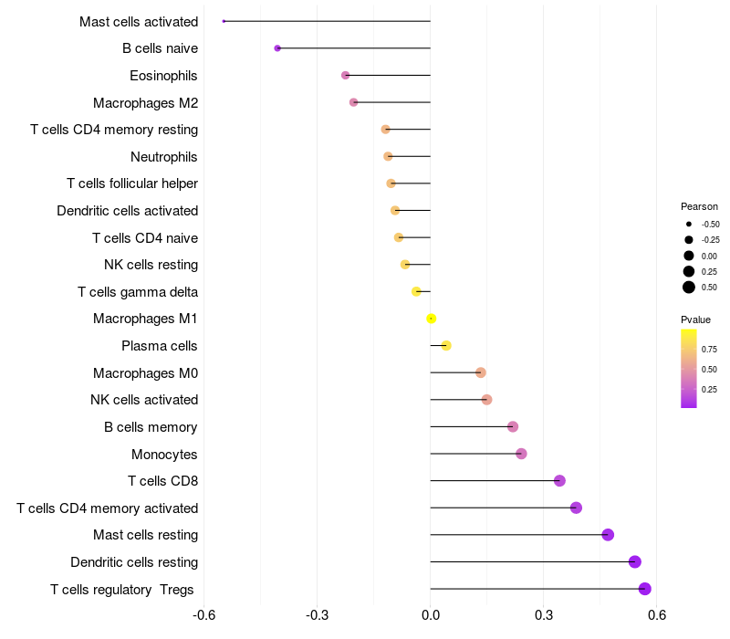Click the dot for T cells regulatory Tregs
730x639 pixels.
(645, 589)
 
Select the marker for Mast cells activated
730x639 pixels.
(224, 21)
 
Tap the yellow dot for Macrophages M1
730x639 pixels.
(432, 319)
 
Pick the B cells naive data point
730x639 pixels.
(277, 48)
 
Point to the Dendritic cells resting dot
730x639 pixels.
(635, 562)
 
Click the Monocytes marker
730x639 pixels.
(521, 454)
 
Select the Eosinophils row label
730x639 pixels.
(163, 76)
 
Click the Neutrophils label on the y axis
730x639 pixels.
(163, 157)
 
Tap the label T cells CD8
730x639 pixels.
(162, 481)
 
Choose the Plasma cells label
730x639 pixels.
(160, 346)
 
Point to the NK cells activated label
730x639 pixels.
(144, 400)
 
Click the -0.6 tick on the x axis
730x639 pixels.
(204, 615)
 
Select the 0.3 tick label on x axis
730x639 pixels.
(544, 615)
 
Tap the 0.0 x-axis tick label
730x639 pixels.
(431, 615)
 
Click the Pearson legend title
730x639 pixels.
(699, 206)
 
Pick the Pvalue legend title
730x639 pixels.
(695, 319)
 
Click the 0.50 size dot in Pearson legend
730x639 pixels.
(689, 288)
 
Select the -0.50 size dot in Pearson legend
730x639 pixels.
(689, 224)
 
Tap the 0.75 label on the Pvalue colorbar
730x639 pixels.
(709, 349)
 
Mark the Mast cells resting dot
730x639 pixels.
(608, 535)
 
